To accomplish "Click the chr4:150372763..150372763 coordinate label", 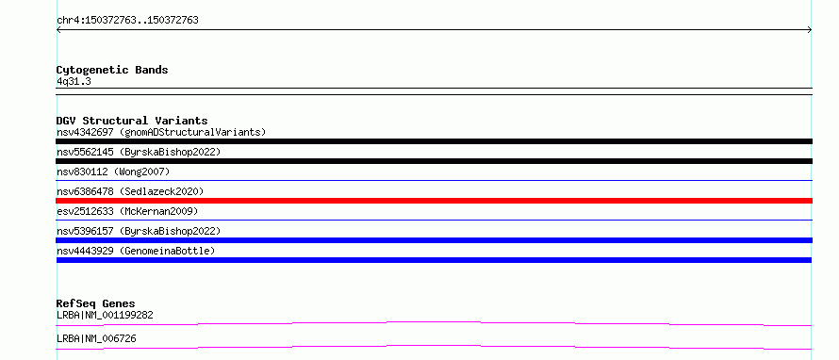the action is (x=127, y=21).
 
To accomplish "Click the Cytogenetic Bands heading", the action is (x=112, y=70).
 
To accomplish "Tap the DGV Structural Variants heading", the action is (x=132, y=121).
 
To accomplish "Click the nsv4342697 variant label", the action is (x=85, y=132).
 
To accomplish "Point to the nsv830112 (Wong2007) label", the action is (x=113, y=172).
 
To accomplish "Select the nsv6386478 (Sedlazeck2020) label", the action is (x=130, y=191).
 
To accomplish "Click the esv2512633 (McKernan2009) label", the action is (x=127, y=211).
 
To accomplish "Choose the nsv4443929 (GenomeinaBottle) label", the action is (x=136, y=251).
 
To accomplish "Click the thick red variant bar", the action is (x=434, y=201).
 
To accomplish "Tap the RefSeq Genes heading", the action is (x=96, y=303).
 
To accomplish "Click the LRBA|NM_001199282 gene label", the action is (x=105, y=315).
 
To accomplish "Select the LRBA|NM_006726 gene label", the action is (x=96, y=338).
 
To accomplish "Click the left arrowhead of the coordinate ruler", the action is (x=58, y=30).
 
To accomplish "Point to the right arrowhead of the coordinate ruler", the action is (x=811, y=30).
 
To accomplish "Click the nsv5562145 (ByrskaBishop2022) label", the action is (x=139, y=152).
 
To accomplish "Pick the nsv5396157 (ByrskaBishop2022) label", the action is (x=139, y=231).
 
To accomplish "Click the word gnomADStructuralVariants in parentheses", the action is (x=192, y=132).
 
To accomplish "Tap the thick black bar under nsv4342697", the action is (x=434, y=141).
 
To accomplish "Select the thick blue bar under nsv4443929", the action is (x=434, y=260).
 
